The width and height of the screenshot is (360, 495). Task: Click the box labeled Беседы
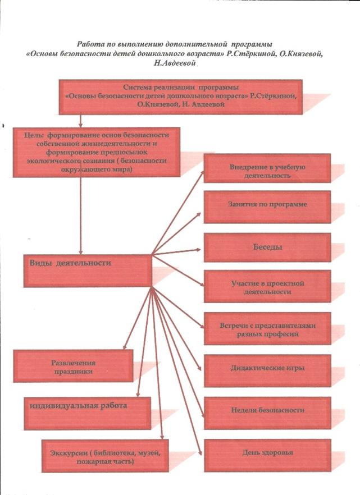click(267, 247)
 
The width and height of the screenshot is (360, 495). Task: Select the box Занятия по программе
click(267, 207)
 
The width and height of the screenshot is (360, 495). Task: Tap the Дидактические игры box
click(267, 370)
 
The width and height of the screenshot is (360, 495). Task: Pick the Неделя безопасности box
click(267, 413)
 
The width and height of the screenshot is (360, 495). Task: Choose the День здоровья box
click(267, 455)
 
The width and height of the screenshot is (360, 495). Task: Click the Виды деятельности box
click(88, 271)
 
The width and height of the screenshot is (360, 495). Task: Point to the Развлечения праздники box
click(73, 365)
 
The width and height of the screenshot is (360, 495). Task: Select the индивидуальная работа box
click(88, 413)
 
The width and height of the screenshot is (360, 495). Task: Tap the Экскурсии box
click(105, 456)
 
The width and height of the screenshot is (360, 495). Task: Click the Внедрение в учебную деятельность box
click(267, 168)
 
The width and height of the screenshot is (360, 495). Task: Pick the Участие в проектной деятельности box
click(267, 286)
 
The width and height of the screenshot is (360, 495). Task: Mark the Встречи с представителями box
click(267, 328)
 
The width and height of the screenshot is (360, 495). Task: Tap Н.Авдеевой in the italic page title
click(175, 63)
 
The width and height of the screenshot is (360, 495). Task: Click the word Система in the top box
click(136, 88)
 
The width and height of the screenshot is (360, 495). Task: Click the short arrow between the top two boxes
click(80, 121)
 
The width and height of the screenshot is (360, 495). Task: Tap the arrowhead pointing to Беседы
click(198, 249)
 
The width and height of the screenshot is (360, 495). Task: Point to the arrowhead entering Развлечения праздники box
click(125, 346)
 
